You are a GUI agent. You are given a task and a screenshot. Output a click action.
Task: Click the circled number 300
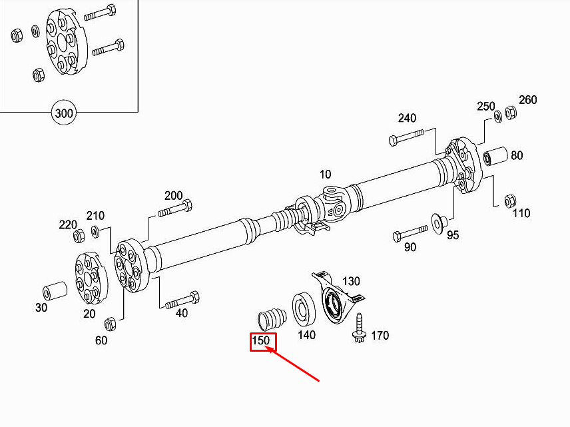click(x=64, y=113)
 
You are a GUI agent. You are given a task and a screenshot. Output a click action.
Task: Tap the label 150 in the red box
click(x=261, y=341)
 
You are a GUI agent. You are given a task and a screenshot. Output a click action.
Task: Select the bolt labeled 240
click(x=406, y=137)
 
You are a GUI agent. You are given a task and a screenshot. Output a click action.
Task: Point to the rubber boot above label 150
click(x=272, y=318)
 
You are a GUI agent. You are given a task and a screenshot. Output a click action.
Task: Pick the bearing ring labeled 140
click(x=304, y=309)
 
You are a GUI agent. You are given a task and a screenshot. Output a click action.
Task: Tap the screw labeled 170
click(x=359, y=328)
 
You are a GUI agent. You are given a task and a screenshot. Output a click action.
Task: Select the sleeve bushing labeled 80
click(x=495, y=156)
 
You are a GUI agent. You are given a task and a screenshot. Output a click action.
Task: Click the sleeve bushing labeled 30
click(x=55, y=291)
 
